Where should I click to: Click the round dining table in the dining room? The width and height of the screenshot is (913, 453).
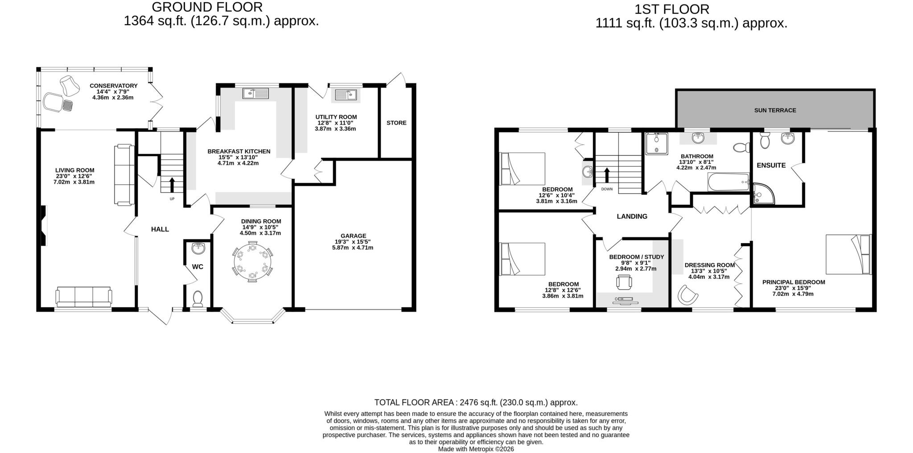tap(252, 262)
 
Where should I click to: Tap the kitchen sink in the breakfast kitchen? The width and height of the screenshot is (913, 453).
tap(256, 93)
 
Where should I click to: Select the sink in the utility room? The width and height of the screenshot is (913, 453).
tap(345, 95)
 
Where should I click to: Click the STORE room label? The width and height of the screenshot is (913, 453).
tap(396, 123)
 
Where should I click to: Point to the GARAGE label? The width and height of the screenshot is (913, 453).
tap(353, 236)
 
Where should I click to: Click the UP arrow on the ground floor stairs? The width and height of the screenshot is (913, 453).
tap(172, 184)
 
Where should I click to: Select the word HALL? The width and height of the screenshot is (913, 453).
tap(160, 229)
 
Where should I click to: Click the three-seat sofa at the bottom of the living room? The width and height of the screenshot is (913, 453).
tap(84, 297)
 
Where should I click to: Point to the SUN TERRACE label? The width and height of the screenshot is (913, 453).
tap(775, 110)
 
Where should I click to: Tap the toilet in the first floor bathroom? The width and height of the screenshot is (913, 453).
tap(741, 147)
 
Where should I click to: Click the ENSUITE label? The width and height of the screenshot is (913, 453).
tap(771, 165)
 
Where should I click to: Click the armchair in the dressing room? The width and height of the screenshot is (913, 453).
tap(687, 294)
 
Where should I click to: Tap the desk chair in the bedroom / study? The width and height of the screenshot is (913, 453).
tap(624, 282)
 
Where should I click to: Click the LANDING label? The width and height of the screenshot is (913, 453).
tap(632, 216)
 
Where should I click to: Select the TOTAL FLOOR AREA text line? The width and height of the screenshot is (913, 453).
tap(476, 403)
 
